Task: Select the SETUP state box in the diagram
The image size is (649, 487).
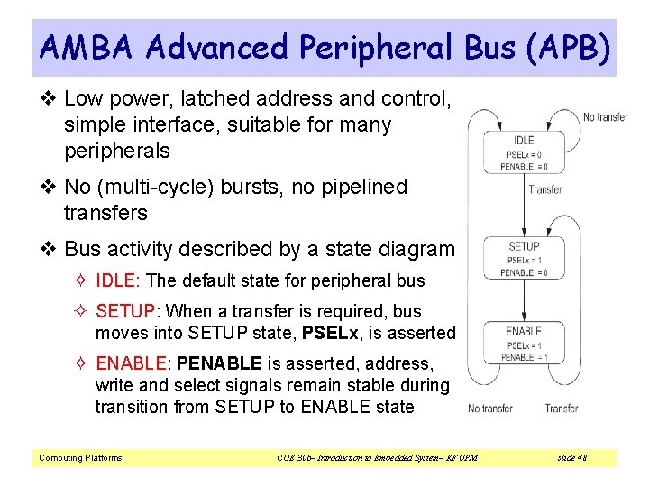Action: click(x=524, y=260)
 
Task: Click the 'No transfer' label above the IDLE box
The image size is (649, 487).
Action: click(x=606, y=117)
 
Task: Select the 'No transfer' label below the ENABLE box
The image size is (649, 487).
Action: click(x=490, y=409)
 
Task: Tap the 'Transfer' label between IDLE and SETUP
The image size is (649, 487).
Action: click(x=545, y=189)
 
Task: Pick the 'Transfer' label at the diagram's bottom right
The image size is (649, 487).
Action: click(x=562, y=409)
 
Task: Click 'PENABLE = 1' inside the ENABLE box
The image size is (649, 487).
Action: click(x=524, y=357)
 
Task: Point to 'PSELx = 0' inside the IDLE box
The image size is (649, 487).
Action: click(x=524, y=154)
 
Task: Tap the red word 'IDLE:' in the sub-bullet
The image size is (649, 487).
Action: click(x=118, y=280)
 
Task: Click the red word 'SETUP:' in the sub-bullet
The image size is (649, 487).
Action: click(x=126, y=311)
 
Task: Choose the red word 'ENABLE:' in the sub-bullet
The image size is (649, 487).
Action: click(x=133, y=363)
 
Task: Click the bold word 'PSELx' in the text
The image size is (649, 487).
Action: click(x=333, y=333)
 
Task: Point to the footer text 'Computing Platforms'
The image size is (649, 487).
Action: click(x=79, y=458)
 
